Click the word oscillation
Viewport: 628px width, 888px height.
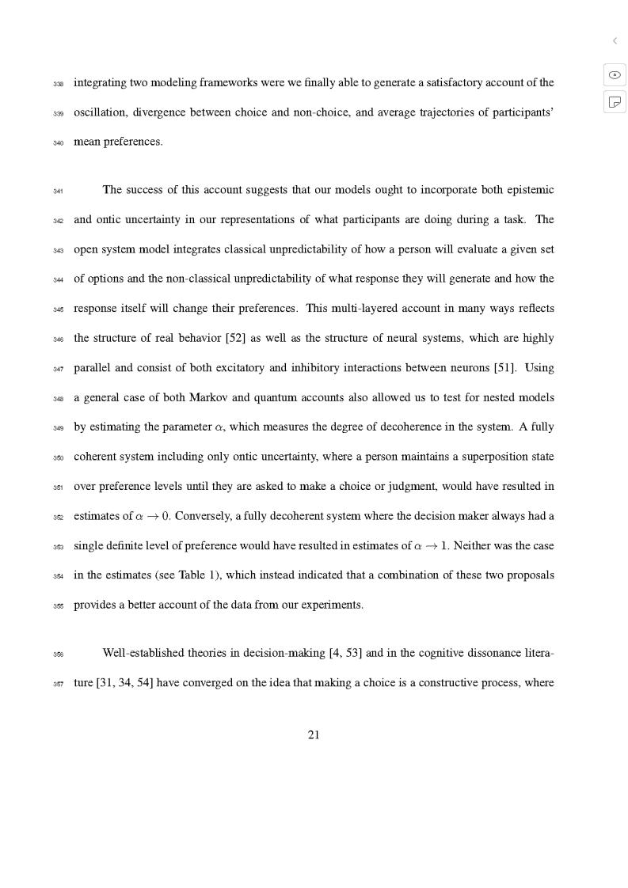point(100,112)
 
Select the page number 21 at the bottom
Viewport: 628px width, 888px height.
point(314,735)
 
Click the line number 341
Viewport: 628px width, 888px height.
point(58,191)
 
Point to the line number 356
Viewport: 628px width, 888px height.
point(58,655)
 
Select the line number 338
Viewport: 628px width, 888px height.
point(58,84)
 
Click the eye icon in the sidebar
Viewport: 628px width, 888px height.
point(615,75)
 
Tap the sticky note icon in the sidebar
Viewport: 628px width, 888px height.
point(615,101)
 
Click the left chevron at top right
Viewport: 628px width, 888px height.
point(615,40)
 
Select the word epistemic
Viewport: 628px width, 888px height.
point(529,190)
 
